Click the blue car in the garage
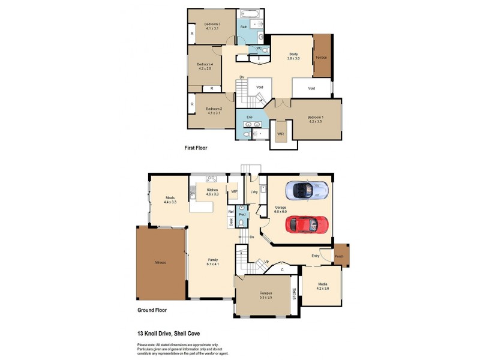click(306, 190)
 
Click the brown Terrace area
click(323, 55)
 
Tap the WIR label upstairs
click(280, 133)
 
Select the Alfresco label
click(160, 263)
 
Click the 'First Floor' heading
click(195, 147)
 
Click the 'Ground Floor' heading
click(152, 310)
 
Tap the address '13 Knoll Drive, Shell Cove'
click(169, 333)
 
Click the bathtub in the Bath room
click(248, 13)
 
